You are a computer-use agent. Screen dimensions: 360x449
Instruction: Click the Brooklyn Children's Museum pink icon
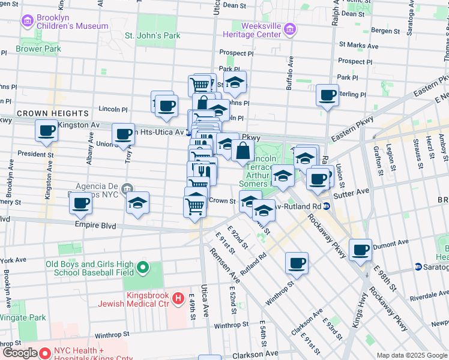coord(28,22)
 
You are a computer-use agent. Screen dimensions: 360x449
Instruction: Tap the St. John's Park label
coord(152,36)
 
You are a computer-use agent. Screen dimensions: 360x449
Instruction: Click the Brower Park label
coord(38,49)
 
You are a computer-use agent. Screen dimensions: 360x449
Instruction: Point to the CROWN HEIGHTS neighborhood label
coord(53,113)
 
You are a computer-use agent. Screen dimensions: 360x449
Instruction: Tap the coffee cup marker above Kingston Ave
coord(46,130)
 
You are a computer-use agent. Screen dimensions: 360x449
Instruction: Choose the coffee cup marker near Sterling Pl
coord(327,95)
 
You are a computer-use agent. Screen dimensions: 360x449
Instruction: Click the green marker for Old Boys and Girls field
coord(143,266)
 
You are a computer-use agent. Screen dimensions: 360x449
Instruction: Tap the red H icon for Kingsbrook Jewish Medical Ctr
coord(178,298)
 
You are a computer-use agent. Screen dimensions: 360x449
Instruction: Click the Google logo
coord(20,353)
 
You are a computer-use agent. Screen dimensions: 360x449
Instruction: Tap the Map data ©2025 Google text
coord(411,355)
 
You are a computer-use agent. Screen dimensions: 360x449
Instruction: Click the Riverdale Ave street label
coord(428,295)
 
